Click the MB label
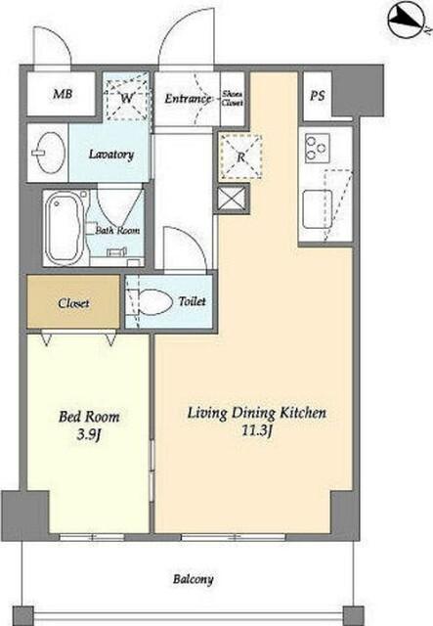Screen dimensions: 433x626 tap(63, 94)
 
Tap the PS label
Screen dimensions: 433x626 tap(318, 96)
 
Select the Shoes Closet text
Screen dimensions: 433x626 tap(232, 98)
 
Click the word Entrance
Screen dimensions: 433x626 tap(187, 98)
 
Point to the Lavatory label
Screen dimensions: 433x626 tap(111, 155)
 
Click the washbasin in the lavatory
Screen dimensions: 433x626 tap(49, 153)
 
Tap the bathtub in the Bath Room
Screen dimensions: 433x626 tap(64, 228)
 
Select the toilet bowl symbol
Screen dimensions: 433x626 tap(154, 301)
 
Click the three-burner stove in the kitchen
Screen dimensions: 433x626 tap(318, 148)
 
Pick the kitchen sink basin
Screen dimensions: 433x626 tap(317, 209)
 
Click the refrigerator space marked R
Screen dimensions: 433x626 tap(240, 156)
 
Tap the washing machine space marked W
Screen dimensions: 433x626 tap(126, 98)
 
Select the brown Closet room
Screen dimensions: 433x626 tap(73, 302)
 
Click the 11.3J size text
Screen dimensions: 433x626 tap(257, 431)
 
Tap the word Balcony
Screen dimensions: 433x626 tap(193, 580)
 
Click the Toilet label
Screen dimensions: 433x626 tap(192, 301)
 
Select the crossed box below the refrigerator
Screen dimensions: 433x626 tap(232, 199)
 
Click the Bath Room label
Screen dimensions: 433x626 tap(117, 231)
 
